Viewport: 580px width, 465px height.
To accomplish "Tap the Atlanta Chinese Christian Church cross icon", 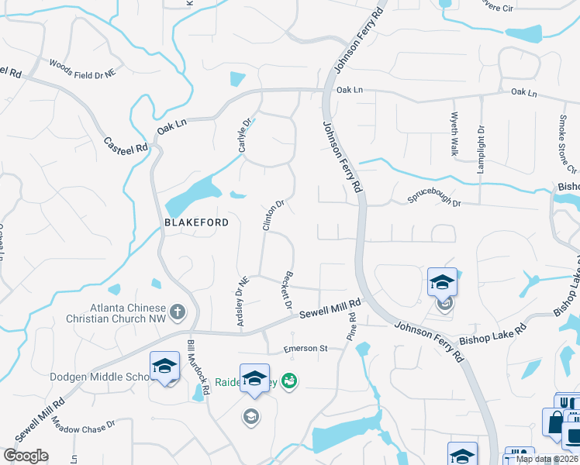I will [178, 312].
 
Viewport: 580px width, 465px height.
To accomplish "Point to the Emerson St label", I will [301, 348].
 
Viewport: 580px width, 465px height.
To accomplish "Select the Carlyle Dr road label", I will [247, 135].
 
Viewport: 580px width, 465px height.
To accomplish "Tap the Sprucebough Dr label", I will [434, 201].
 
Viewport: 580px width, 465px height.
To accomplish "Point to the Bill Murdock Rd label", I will [198, 367].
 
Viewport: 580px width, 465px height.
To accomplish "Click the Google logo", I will [26, 456].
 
